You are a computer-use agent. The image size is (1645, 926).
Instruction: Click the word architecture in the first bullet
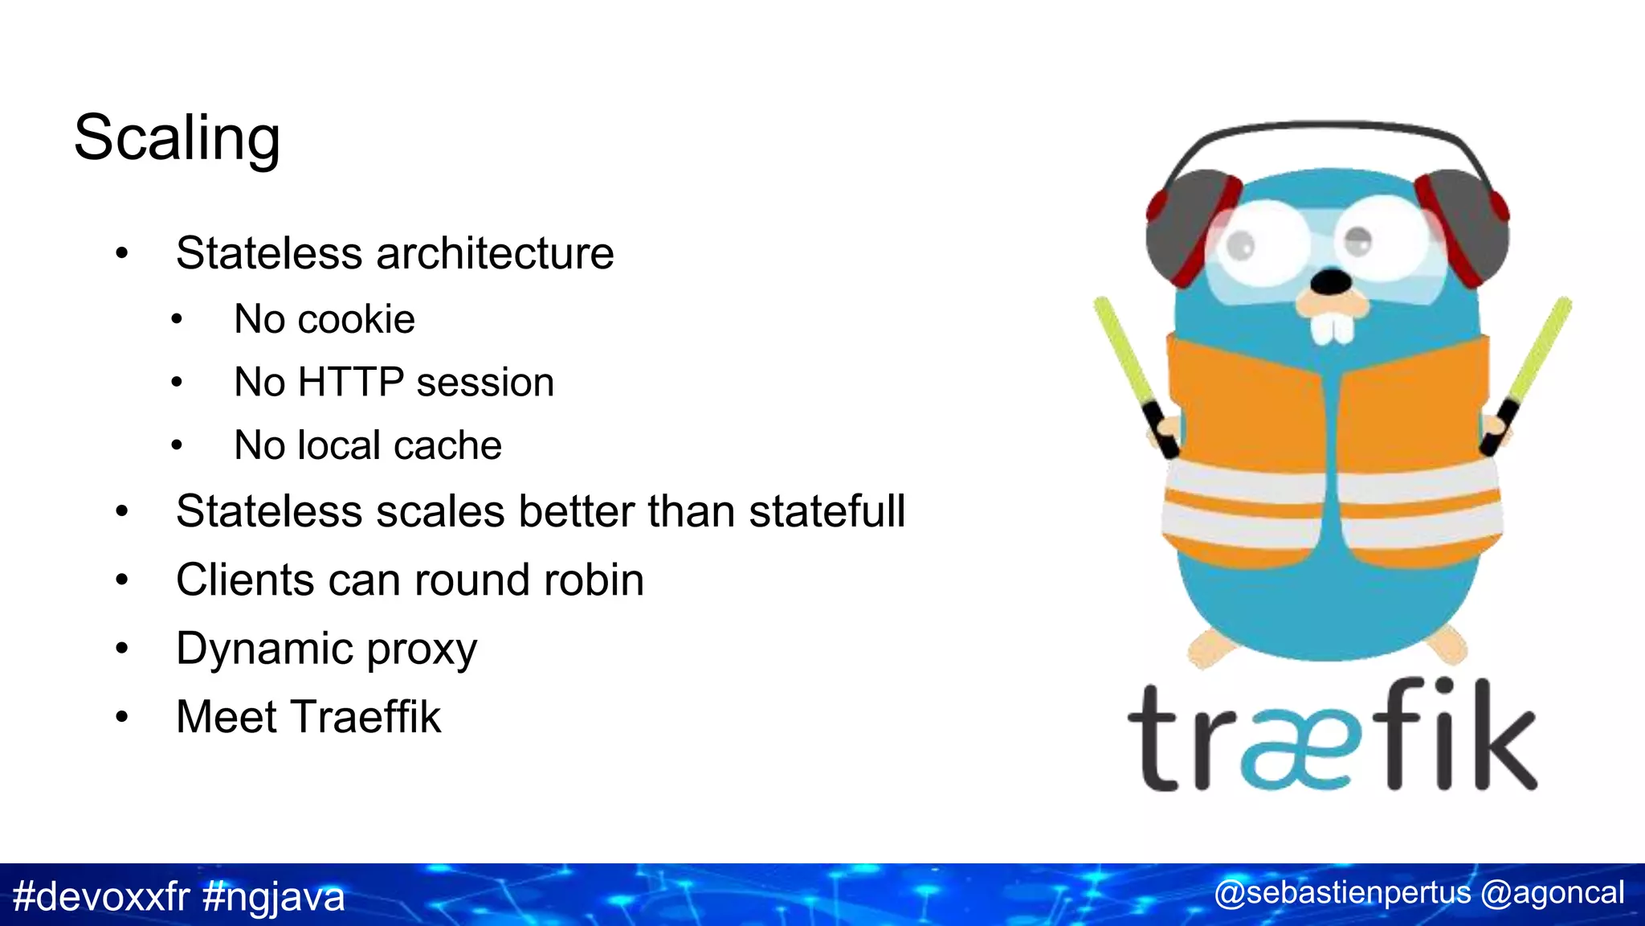point(495,254)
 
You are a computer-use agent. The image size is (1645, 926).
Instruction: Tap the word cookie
point(356,320)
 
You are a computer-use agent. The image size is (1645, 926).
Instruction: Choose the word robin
point(594,580)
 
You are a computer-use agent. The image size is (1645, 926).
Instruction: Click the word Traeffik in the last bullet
point(365,717)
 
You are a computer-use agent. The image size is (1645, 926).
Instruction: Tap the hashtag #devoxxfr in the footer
point(101,896)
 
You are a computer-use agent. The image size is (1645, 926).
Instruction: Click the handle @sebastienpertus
point(1342,893)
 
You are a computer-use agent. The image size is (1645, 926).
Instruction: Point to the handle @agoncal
point(1553,893)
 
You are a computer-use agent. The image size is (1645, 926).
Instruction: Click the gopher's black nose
point(1331,282)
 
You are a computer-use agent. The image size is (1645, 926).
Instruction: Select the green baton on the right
point(1537,354)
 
